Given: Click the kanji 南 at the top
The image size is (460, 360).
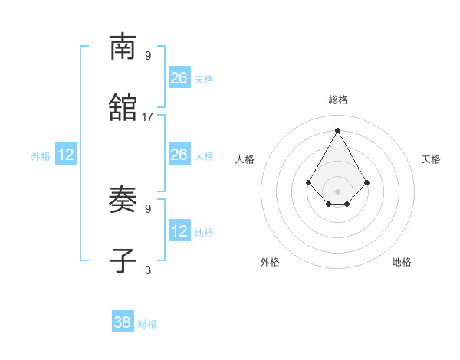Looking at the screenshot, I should (123, 47).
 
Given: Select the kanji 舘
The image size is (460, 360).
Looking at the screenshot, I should (123, 108).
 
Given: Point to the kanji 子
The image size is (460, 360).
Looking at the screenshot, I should (123, 261).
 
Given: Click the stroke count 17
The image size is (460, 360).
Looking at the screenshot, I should (148, 117).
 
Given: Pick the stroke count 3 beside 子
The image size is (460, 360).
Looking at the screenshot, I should (148, 270).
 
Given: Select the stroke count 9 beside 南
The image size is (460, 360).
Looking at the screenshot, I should (148, 55).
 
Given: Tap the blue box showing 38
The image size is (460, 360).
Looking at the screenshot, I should (123, 322).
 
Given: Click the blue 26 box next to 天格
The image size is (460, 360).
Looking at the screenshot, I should (179, 77).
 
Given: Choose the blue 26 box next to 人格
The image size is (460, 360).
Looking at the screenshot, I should (179, 155).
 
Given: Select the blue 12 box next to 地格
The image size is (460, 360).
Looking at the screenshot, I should (179, 231).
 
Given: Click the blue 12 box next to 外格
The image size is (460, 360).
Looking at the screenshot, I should (66, 155).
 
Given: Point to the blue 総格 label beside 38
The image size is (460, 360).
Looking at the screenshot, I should (147, 324).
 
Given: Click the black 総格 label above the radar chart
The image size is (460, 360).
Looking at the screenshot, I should (338, 100).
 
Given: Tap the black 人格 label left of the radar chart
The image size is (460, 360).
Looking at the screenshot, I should (245, 159).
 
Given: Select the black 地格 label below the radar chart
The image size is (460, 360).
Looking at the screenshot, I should (402, 262).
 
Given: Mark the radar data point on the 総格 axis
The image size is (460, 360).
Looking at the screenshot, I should (337, 129).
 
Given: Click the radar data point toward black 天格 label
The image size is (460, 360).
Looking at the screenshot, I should (367, 182).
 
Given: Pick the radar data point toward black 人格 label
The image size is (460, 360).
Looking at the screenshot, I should (308, 182).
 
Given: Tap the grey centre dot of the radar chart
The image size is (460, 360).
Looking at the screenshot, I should (337, 191).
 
